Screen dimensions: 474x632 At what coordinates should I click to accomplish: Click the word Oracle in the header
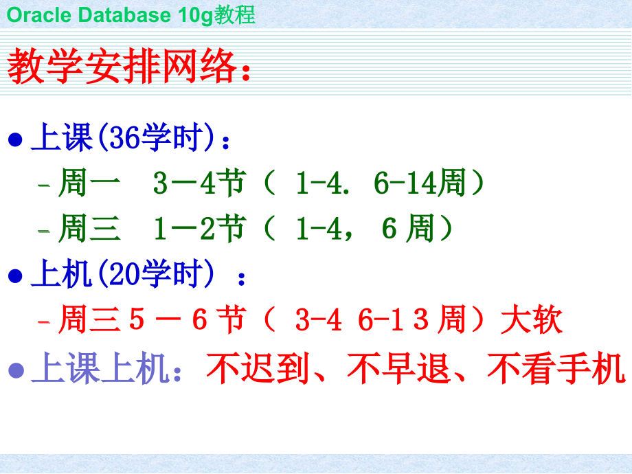tap(34, 14)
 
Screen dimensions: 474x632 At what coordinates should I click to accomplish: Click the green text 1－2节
tap(199, 229)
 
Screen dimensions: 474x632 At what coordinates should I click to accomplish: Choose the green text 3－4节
tap(199, 184)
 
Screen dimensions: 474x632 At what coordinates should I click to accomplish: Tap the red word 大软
tap(532, 321)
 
